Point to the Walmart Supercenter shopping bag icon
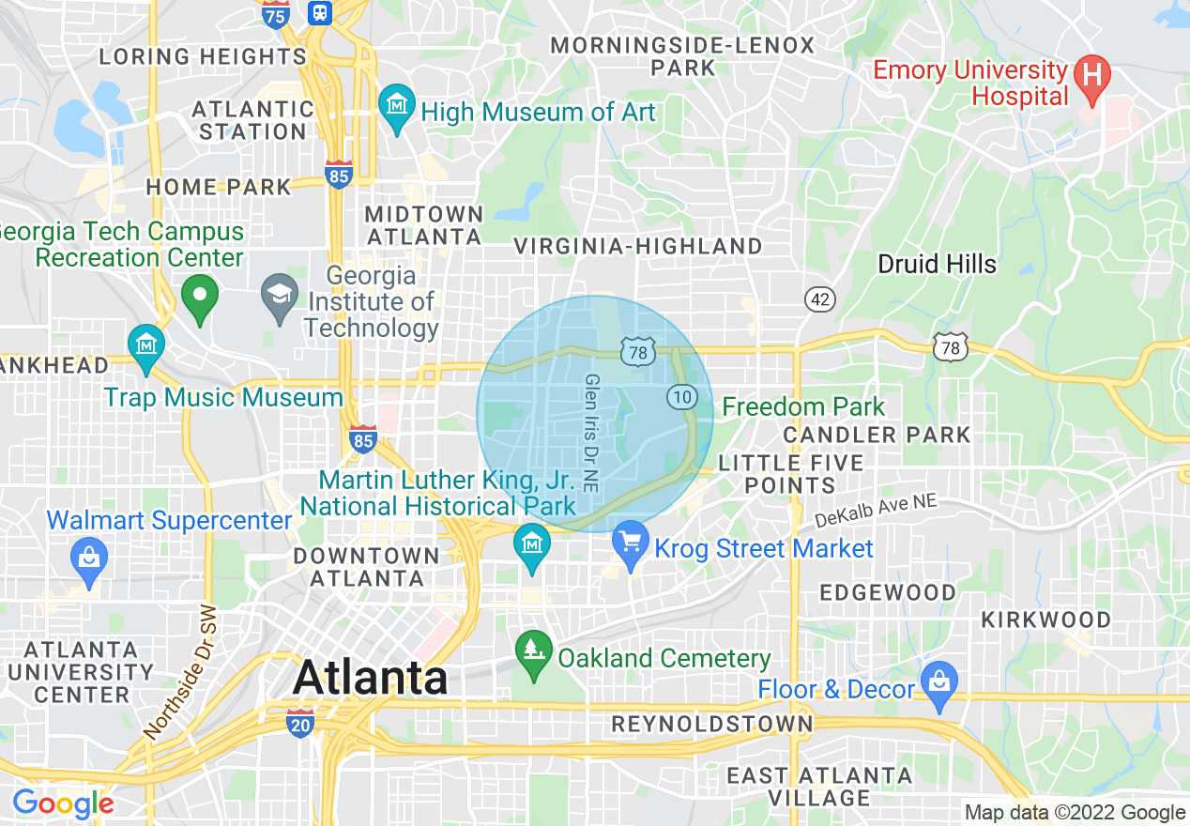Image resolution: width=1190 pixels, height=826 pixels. point(89,558)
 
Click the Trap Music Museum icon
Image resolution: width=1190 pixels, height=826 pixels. point(146,344)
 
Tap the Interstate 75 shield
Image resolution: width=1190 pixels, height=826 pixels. point(275,16)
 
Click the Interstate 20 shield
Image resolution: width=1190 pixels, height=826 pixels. point(300,723)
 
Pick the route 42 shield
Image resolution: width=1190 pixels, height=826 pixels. point(819,299)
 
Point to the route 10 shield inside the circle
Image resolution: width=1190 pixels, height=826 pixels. point(681,397)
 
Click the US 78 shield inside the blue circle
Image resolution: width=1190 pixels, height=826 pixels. point(636,351)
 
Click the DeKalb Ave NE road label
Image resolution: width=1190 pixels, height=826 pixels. point(876,511)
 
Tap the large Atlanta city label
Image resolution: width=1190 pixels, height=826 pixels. point(370,678)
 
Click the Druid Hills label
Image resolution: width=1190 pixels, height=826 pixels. point(937,264)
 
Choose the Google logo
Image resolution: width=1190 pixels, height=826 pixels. point(63,803)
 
